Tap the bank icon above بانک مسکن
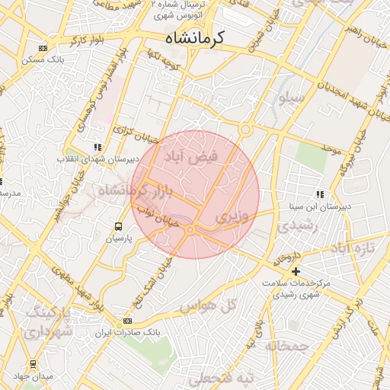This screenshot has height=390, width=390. pos(42,49)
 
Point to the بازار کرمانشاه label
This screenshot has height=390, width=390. pos(133,191)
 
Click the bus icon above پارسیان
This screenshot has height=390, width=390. pos(118,226)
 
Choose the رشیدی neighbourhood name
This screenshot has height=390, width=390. pos(292,225)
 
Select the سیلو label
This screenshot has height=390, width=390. pos(292,97)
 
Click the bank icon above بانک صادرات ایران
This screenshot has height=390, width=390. pos(127,321)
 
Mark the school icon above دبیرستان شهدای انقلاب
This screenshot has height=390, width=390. pos(97,147)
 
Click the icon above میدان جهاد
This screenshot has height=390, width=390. pos(33,364)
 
